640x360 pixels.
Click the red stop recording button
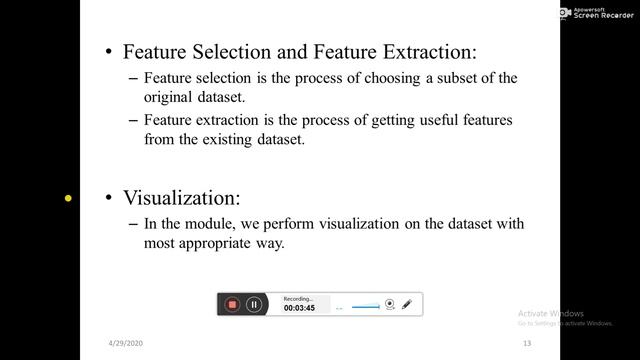coord(232,304)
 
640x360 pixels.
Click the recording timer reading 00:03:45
coord(300,309)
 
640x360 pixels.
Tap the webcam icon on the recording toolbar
coord(391,304)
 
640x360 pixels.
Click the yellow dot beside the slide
coord(68,198)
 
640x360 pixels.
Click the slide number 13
coord(525,344)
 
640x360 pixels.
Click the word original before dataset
coord(169,98)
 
